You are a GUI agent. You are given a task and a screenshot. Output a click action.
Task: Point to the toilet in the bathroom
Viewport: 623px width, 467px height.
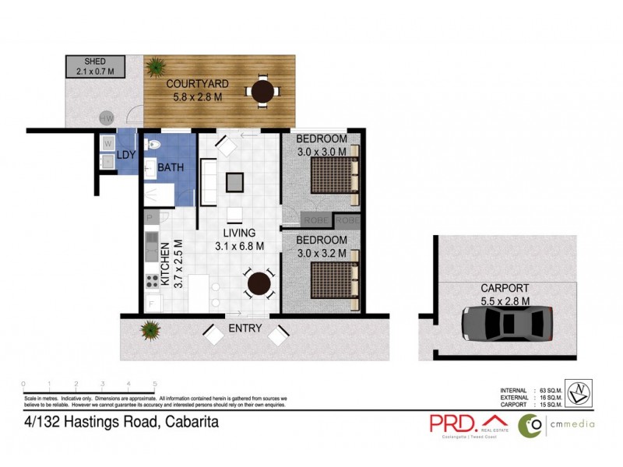point(154,146)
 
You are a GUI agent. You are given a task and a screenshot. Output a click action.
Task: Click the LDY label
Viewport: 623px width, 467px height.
point(126,155)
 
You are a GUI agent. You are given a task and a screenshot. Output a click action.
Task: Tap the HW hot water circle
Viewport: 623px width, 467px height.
point(106,118)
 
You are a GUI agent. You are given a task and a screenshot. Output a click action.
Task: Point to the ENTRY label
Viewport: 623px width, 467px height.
point(245,328)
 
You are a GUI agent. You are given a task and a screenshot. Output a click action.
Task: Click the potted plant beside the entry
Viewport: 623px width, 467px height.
point(148,330)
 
